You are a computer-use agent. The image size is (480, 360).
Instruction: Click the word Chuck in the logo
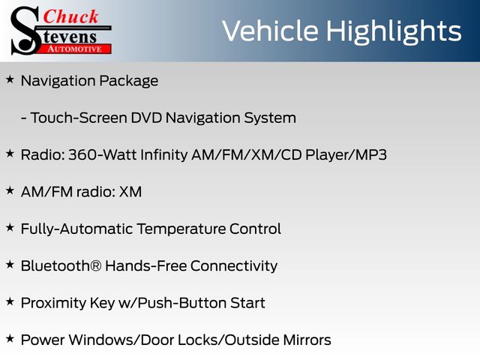(x=70, y=16)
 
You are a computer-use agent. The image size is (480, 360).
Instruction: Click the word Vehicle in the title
(x=270, y=31)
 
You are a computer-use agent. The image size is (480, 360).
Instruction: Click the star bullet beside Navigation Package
(x=10, y=79)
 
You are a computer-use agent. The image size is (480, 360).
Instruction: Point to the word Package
(x=128, y=82)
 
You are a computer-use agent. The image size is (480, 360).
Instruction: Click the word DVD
(x=146, y=118)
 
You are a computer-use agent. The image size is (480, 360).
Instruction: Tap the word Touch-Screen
(x=79, y=118)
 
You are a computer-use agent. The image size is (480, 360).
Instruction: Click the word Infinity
(x=163, y=155)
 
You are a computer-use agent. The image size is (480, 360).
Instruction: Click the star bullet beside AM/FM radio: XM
(x=10, y=190)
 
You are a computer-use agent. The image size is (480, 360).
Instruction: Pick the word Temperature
(x=181, y=229)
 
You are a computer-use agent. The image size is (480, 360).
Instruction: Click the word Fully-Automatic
(x=76, y=229)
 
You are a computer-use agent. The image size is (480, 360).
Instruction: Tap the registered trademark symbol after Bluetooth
(x=96, y=265)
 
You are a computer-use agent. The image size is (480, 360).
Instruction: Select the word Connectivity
(x=234, y=266)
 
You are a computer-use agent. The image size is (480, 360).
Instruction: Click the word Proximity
(x=53, y=304)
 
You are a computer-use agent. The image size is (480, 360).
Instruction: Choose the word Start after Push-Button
(x=247, y=303)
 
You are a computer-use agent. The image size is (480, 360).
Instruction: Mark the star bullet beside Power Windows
(x=10, y=338)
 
